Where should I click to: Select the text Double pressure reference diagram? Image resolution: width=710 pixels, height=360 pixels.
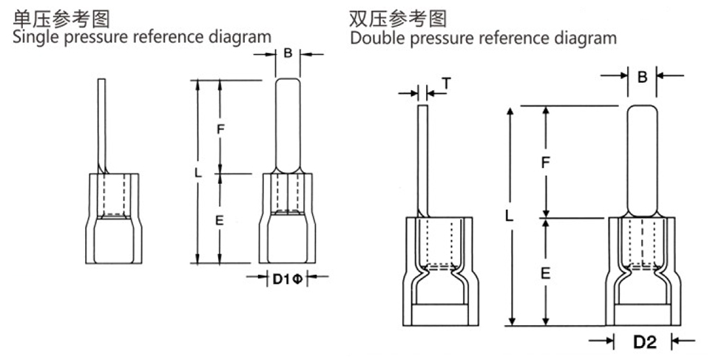[x=484, y=37]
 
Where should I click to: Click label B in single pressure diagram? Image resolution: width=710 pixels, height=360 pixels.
[x=288, y=53]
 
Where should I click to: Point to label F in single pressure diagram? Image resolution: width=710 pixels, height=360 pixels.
[x=220, y=128]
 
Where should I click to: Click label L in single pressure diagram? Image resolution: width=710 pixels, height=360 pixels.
[x=197, y=173]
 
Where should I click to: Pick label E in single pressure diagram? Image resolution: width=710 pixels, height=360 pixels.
[x=220, y=220]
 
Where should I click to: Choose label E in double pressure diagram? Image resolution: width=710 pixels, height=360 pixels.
[x=545, y=273]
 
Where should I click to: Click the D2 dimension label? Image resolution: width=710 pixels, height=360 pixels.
[x=644, y=342]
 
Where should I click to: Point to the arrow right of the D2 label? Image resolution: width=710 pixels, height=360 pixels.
[x=683, y=341]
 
